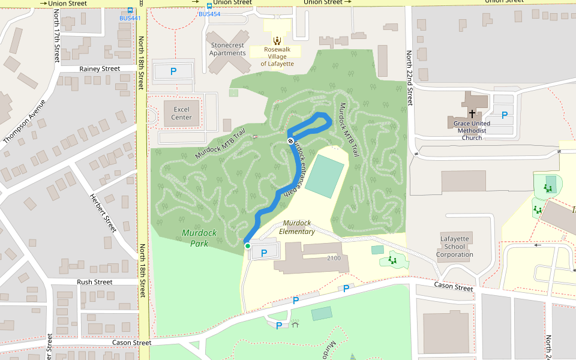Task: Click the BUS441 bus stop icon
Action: pyautogui.click(x=130, y=10)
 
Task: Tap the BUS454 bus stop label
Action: pyautogui.click(x=209, y=14)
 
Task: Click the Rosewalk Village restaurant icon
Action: pyautogui.click(x=277, y=40)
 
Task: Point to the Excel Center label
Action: pyautogui.click(x=181, y=113)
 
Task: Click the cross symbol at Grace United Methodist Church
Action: pyautogui.click(x=472, y=113)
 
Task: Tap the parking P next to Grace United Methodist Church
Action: pyautogui.click(x=505, y=115)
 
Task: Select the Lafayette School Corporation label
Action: pyautogui.click(x=454, y=246)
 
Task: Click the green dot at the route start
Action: pyautogui.click(x=247, y=245)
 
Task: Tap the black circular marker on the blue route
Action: pyautogui.click(x=290, y=141)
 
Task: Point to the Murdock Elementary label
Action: pyautogui.click(x=297, y=227)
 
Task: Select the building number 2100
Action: pyautogui.click(x=334, y=258)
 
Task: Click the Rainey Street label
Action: pyautogui.click(x=100, y=69)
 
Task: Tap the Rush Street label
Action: pyautogui.click(x=94, y=282)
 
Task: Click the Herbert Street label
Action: pyautogui.click(x=103, y=212)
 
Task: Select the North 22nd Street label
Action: pyautogui.click(x=410, y=78)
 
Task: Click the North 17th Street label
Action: pyautogui.click(x=57, y=45)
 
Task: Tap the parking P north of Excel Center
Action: pyautogui.click(x=173, y=71)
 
